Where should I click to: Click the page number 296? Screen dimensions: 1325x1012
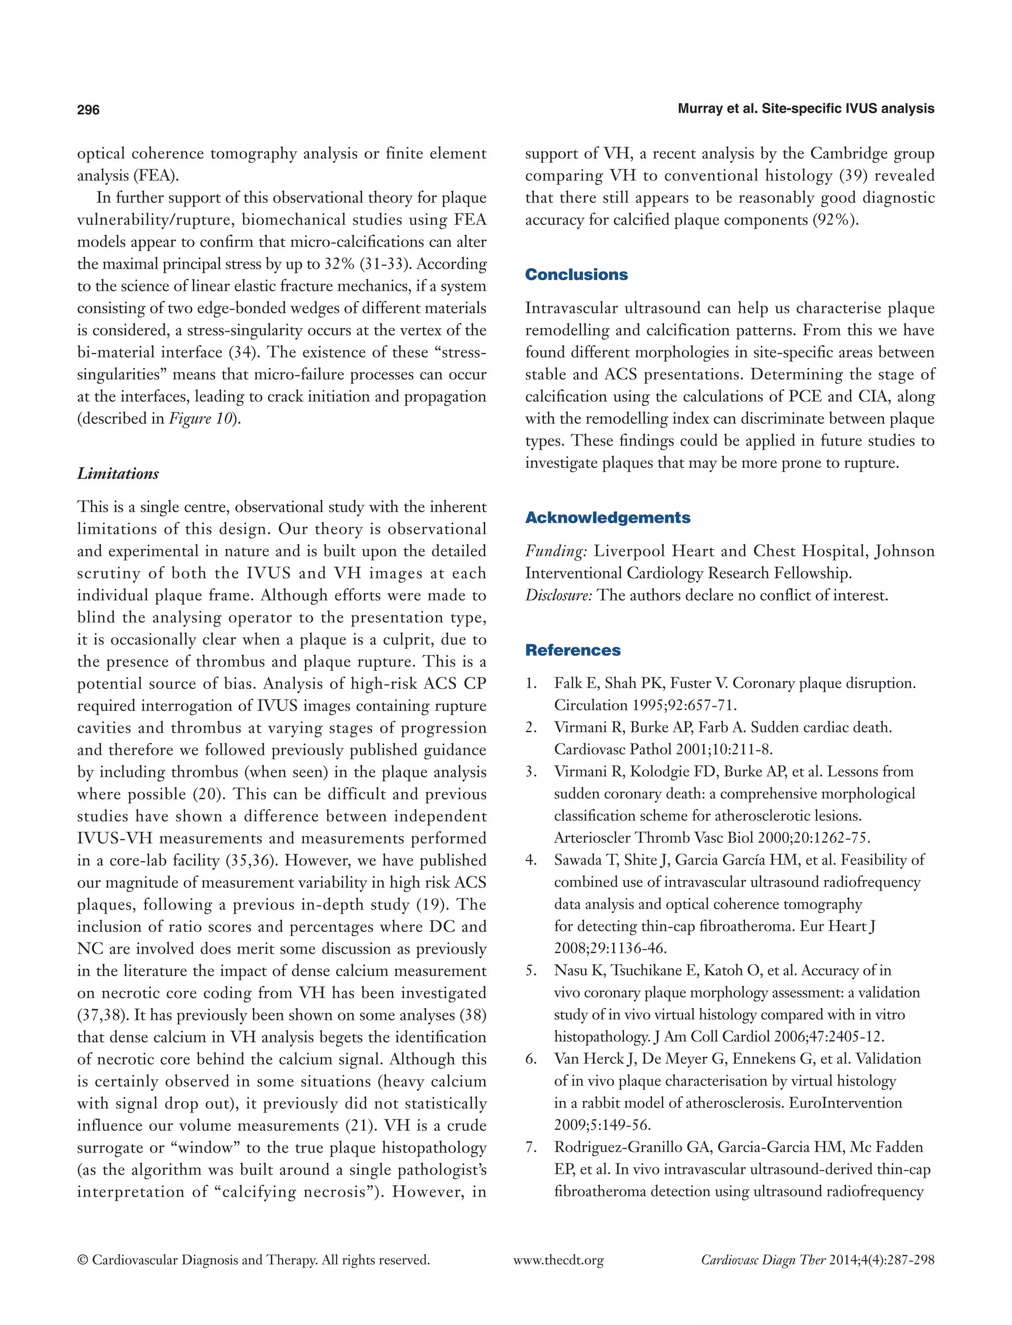(88, 110)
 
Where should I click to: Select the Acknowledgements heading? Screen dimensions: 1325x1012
(607, 517)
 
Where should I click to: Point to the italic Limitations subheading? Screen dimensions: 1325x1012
(118, 473)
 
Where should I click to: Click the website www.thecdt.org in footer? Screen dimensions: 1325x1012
(558, 1261)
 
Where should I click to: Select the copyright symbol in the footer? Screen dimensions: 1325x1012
(83, 1261)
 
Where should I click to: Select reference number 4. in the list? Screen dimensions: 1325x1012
(530, 860)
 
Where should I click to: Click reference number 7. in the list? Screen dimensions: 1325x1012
(530, 1147)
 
